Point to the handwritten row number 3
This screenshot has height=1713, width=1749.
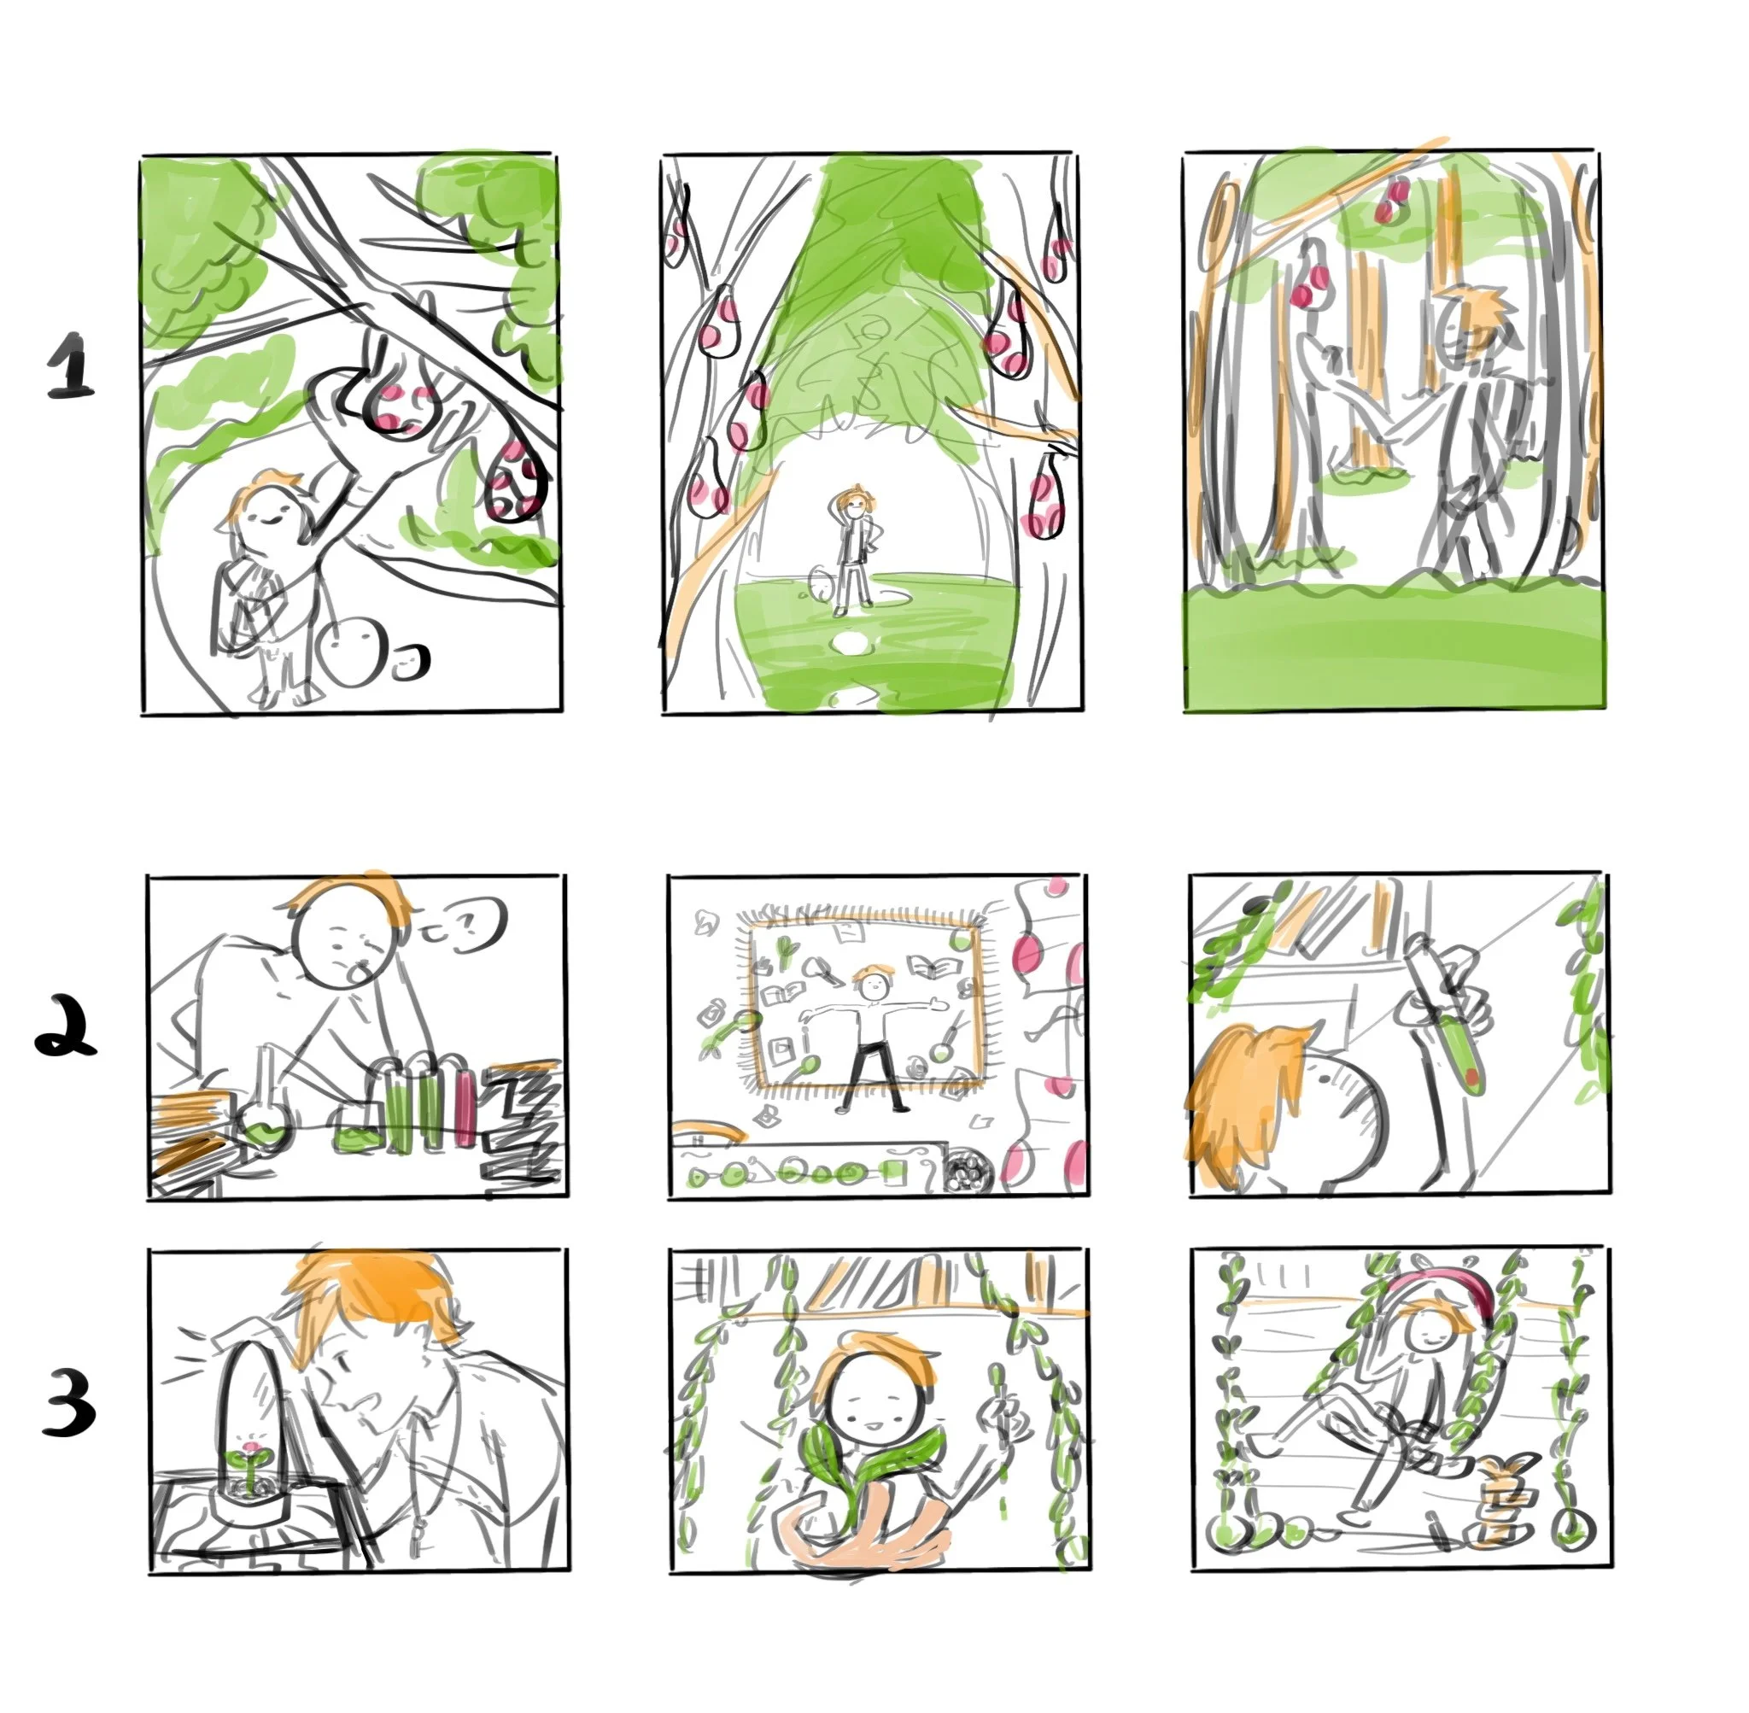point(68,1406)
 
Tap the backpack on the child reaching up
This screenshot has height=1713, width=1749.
point(236,603)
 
